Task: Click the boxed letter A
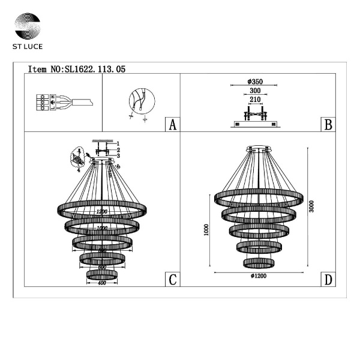tap(172, 125)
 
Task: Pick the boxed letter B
tap(328, 125)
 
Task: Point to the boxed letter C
tap(172, 280)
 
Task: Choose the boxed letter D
tap(328, 280)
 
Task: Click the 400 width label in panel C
tap(101, 282)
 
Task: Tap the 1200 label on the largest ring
tap(101, 212)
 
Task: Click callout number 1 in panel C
tap(119, 143)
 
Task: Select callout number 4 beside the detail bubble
tap(79, 170)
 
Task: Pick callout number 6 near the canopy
tap(119, 166)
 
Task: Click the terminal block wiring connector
tap(44, 101)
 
